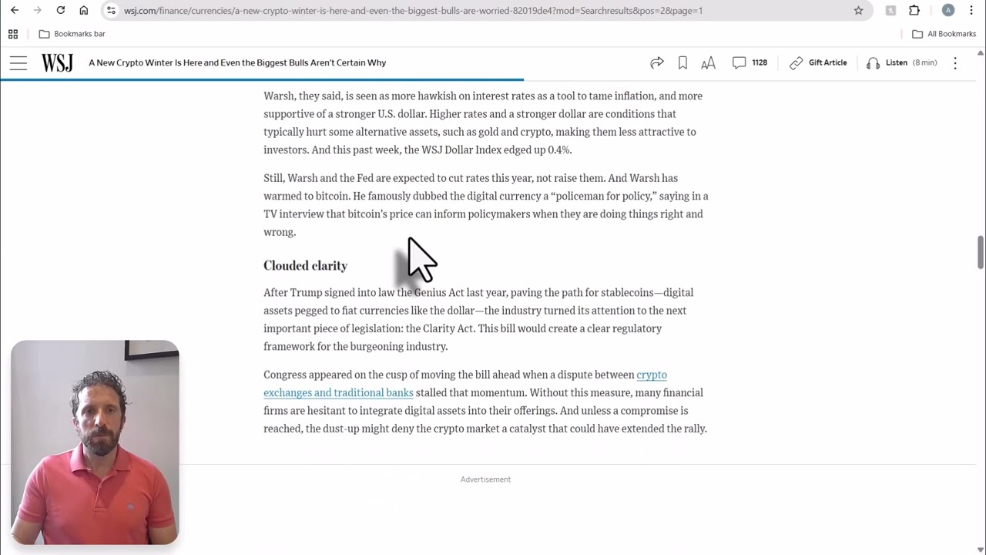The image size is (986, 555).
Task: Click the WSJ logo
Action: pos(57,62)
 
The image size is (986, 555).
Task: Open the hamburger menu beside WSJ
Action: pos(18,63)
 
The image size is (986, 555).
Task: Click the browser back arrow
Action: pos(15,11)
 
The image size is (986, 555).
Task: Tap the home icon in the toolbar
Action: pos(84,11)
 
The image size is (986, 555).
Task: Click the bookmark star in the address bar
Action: pos(858,11)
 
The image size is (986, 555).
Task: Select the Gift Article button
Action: pos(818,62)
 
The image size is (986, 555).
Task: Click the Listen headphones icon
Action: pos(873,63)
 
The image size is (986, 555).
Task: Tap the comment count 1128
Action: pos(759,62)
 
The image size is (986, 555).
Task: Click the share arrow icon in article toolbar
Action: pos(656,62)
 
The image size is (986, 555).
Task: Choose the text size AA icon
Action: pos(708,63)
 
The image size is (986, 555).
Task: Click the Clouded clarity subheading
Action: pos(305,265)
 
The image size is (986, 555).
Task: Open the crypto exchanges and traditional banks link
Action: pos(338,392)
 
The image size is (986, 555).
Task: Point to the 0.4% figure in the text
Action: pos(558,150)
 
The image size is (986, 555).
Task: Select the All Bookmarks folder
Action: pos(944,34)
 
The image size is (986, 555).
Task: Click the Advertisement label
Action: pos(485,479)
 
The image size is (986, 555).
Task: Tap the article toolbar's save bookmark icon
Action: pos(682,62)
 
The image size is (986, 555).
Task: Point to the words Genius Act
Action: pos(439,292)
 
